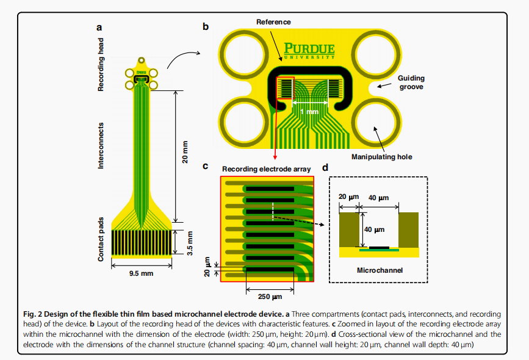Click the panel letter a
[x=99, y=27]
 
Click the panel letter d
[x=324, y=167]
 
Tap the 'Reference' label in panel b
[x=273, y=22]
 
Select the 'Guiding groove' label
[x=411, y=82]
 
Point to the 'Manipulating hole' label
[x=382, y=157]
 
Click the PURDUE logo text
[x=309, y=49]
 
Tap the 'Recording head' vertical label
[x=102, y=65]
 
